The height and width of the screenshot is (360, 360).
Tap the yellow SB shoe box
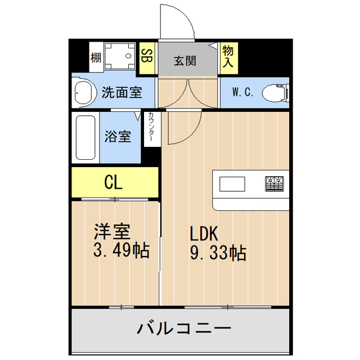coord(147,56)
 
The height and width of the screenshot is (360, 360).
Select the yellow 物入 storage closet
coord(228,57)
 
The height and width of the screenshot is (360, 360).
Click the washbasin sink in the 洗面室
coord(84,92)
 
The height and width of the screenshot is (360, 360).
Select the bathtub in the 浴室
coord(85,137)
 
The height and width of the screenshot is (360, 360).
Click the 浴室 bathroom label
coord(118,136)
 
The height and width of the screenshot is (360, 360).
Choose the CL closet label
coord(114,182)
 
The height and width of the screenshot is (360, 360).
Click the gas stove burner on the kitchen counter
coord(274,183)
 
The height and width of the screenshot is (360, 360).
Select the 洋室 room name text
coord(112,231)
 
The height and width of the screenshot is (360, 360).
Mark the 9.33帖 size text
coord(217,253)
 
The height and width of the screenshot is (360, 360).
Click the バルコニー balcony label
coord(183,328)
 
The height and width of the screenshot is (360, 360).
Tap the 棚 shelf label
coord(96,57)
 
